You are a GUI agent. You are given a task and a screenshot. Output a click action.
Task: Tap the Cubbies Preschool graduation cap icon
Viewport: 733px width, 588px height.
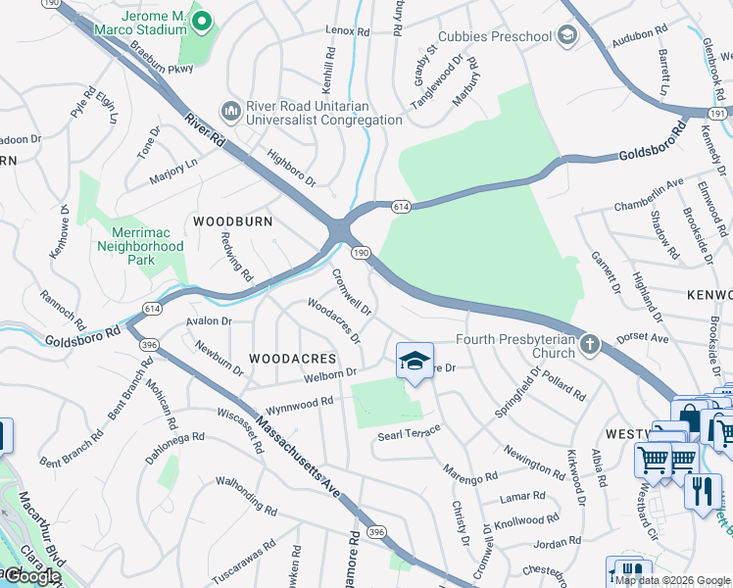pos(565,37)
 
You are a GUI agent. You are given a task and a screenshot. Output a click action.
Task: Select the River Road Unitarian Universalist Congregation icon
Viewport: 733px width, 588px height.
pos(232,110)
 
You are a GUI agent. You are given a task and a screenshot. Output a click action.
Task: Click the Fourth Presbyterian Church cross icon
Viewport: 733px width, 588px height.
pos(588,344)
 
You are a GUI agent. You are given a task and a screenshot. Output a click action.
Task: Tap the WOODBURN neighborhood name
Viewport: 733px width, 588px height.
pos(232,221)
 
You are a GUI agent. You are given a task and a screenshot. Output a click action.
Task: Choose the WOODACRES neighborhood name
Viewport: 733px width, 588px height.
pos(292,360)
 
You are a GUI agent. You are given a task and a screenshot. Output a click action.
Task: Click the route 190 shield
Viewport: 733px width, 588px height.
pos(361,253)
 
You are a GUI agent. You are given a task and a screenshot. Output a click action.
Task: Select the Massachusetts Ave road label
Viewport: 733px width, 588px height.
pos(299,456)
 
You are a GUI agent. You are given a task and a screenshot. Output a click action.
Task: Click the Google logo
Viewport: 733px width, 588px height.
pos(31,576)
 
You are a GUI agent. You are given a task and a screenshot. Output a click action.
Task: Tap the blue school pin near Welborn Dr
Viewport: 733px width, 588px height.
pos(415,362)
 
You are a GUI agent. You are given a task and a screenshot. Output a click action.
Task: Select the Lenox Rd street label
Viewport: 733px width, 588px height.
pos(348,32)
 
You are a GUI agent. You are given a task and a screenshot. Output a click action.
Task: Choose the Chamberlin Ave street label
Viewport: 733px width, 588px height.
pos(648,190)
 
